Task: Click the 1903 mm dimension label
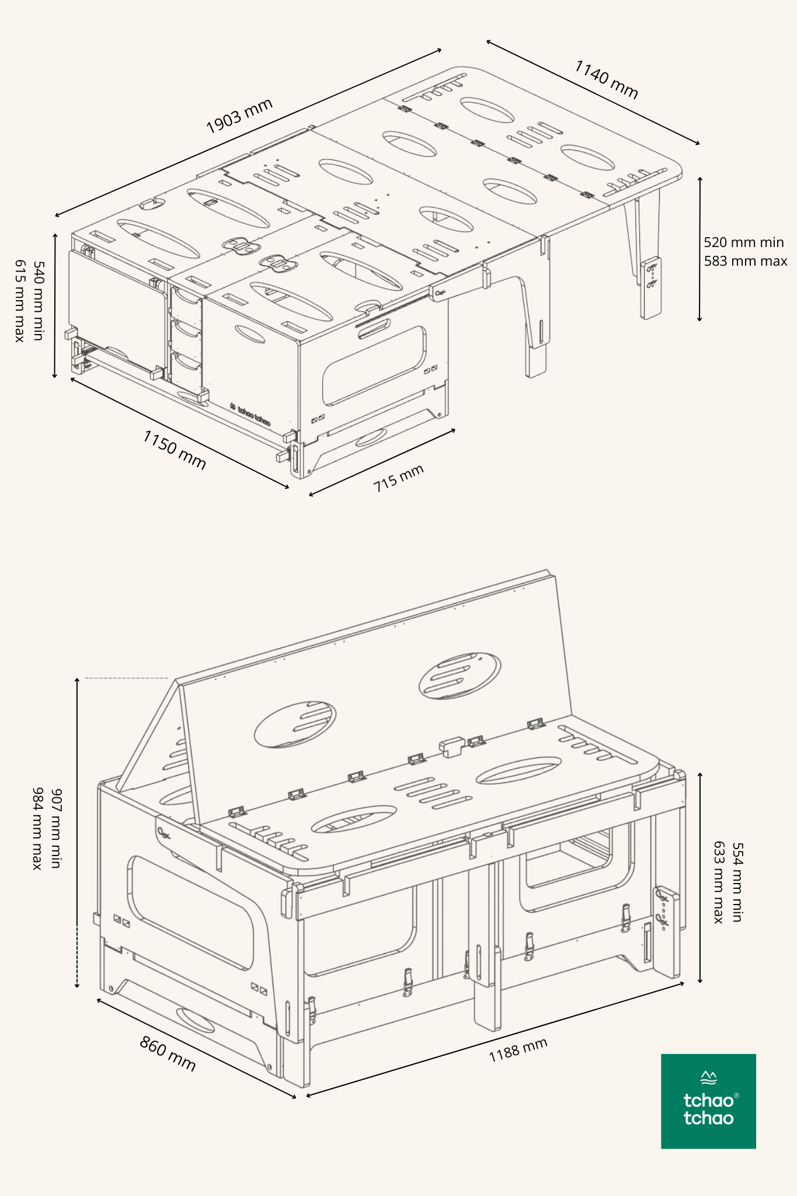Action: click(x=239, y=116)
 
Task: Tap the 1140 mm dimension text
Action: click(x=606, y=79)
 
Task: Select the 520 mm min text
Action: click(x=743, y=242)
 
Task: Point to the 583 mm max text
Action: click(x=745, y=261)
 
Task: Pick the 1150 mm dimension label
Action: click(x=175, y=450)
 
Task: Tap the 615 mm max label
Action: click(x=20, y=301)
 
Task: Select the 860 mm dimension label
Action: click(x=168, y=1053)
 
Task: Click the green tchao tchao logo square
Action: click(x=708, y=1101)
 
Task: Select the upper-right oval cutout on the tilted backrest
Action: click(x=460, y=675)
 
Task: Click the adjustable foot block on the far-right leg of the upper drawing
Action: click(x=651, y=288)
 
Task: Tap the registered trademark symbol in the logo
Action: click(x=736, y=1096)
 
